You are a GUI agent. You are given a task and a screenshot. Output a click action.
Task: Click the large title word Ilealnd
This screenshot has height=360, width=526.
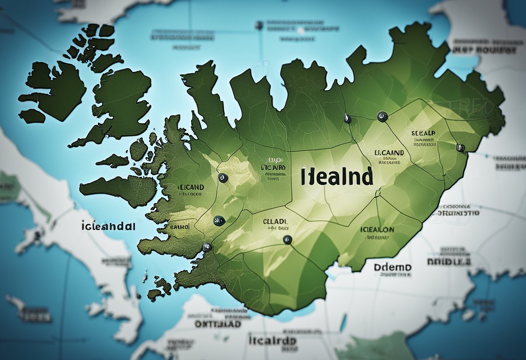pyautogui.click(x=336, y=177)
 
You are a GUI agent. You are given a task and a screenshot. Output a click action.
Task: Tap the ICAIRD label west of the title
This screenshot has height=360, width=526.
pyautogui.click(x=273, y=167)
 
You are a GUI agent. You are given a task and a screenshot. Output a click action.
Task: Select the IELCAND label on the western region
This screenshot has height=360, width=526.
pyautogui.click(x=191, y=187)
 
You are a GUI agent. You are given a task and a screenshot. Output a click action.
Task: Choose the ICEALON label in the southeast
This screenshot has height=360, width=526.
pyautogui.click(x=377, y=229)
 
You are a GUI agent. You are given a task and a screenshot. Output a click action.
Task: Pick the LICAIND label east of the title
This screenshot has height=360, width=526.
pyautogui.click(x=388, y=153)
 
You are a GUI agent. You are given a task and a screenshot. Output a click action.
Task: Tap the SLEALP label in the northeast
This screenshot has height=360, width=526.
pyautogui.click(x=423, y=134)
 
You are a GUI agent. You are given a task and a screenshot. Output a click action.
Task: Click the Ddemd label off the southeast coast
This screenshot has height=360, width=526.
pyautogui.click(x=393, y=267)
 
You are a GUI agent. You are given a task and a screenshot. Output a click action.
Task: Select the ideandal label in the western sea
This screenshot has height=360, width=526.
pyautogui.click(x=108, y=226)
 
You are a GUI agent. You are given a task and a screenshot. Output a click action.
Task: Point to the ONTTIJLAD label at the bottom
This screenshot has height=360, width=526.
pyautogui.click(x=218, y=323)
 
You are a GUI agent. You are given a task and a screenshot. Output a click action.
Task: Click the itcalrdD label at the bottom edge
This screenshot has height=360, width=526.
pyautogui.click(x=273, y=341)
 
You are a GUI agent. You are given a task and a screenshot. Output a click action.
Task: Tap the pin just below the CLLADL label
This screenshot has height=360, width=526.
pyautogui.click(x=286, y=239)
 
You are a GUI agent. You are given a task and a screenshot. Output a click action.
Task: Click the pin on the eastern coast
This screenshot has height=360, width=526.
pyautogui.click(x=460, y=148)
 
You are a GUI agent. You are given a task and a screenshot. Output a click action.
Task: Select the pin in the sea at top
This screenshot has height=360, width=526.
pyautogui.click(x=259, y=26)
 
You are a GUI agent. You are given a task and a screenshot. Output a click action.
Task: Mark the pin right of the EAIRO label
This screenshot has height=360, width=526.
pyautogui.click(x=219, y=221)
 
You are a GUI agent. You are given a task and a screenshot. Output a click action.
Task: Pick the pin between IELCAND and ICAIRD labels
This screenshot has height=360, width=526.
pyautogui.click(x=223, y=177)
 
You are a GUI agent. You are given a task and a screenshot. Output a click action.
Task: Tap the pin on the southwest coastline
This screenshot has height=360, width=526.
pyautogui.click(x=207, y=247)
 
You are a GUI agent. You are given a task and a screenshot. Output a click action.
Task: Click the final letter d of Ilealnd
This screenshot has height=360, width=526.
pyautogui.click(x=367, y=177)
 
